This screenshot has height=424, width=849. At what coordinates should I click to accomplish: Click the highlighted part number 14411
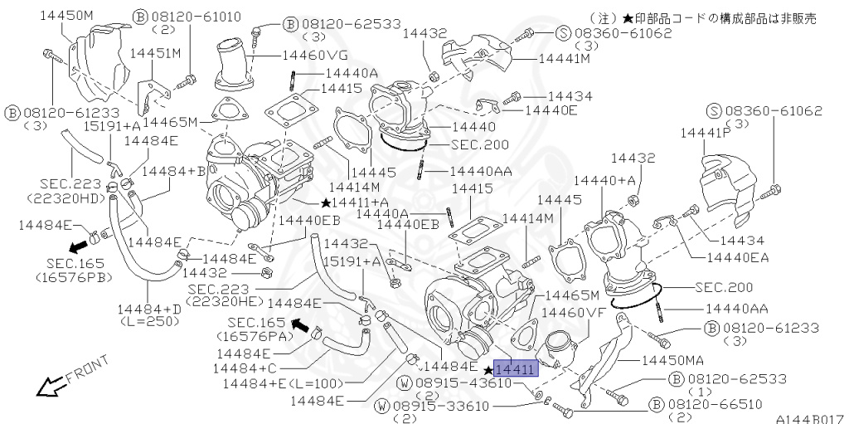pyautogui.click(x=516, y=369)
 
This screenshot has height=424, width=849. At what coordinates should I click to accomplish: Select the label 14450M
pyautogui.click(x=66, y=16)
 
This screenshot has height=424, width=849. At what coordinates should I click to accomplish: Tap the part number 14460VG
pyautogui.click(x=316, y=56)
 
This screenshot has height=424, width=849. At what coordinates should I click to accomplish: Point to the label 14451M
pyautogui.click(x=155, y=53)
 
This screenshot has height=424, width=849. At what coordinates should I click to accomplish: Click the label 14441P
pyautogui.click(x=704, y=132)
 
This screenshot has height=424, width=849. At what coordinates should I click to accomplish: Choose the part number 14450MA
pyautogui.click(x=672, y=361)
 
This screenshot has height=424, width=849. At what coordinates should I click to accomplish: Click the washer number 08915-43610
pyautogui.click(x=463, y=383)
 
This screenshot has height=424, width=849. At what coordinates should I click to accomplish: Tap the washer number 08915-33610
pyautogui.click(x=440, y=406)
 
